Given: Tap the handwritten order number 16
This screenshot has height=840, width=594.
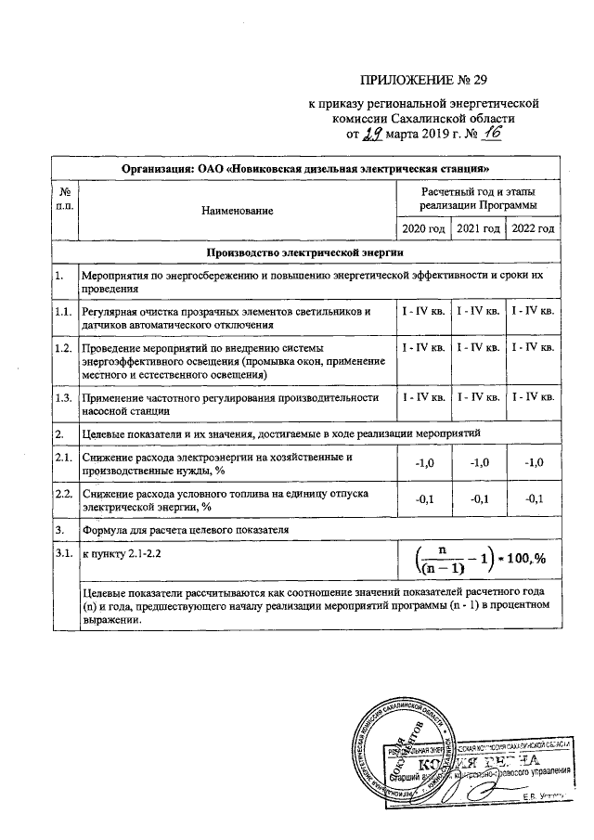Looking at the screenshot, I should tap(489, 134).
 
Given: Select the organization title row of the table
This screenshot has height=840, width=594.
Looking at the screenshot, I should tap(306, 169).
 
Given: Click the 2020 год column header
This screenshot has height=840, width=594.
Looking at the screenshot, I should tap(422, 228).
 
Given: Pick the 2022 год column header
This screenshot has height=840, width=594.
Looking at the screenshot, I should tap(533, 228).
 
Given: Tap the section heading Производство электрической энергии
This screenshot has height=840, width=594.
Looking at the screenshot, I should tap(306, 252).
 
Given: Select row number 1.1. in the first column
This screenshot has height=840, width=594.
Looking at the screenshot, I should tap(63, 311).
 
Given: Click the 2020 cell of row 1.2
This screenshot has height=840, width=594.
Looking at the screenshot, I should tap(422, 347).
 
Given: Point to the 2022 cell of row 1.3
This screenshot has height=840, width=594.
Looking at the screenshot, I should tap(533, 397).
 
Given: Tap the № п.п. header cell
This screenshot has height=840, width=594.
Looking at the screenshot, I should tap(63, 197).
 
